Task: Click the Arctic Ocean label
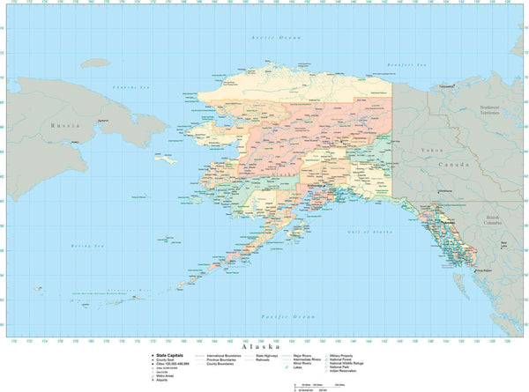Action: tap(275, 38)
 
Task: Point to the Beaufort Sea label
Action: tap(409, 64)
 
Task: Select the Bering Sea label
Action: tap(87, 246)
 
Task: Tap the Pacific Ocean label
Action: tap(287, 315)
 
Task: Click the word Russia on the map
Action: tap(59, 125)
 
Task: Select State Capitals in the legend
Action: tap(172, 356)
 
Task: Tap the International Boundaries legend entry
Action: tap(225, 356)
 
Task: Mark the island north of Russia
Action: tap(94, 63)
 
